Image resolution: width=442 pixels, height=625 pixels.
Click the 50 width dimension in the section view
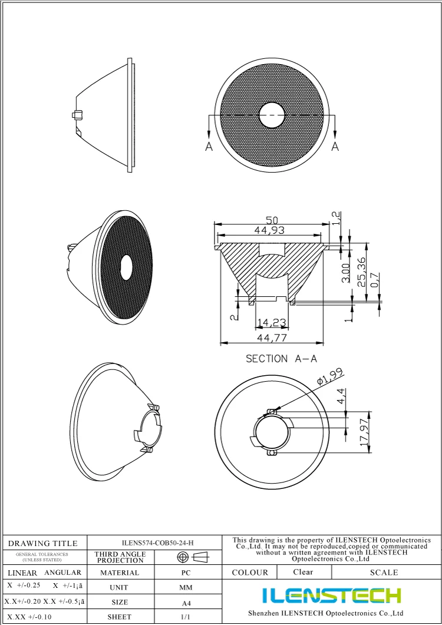pyautogui.click(x=272, y=220)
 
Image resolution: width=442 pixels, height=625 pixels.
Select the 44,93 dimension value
pyautogui.click(x=272, y=231)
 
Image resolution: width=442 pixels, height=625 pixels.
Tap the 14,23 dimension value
pyautogui.click(x=272, y=322)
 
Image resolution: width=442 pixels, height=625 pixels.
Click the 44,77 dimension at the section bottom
pyautogui.click(x=272, y=338)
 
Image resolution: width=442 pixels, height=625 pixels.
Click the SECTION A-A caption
pyautogui.click(x=281, y=358)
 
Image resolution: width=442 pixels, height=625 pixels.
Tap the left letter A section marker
pyautogui.click(x=209, y=146)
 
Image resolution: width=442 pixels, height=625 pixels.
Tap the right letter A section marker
pyautogui.click(x=335, y=146)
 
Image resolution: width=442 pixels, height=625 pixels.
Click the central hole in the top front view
pyautogui.click(x=272, y=114)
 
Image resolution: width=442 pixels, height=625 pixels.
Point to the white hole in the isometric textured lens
pyautogui.click(x=126, y=267)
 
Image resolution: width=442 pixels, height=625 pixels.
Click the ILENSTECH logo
pyautogui.click(x=332, y=595)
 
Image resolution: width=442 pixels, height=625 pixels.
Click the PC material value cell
pyautogui.click(x=185, y=572)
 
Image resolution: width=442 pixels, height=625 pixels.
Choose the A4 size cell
pyautogui.click(x=185, y=603)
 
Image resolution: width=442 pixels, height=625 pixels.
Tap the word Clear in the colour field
pyautogui.click(x=303, y=572)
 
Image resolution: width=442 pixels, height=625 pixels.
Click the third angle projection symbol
pyautogui.click(x=193, y=557)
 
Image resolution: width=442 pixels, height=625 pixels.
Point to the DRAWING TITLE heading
pyautogui.click(x=42, y=543)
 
